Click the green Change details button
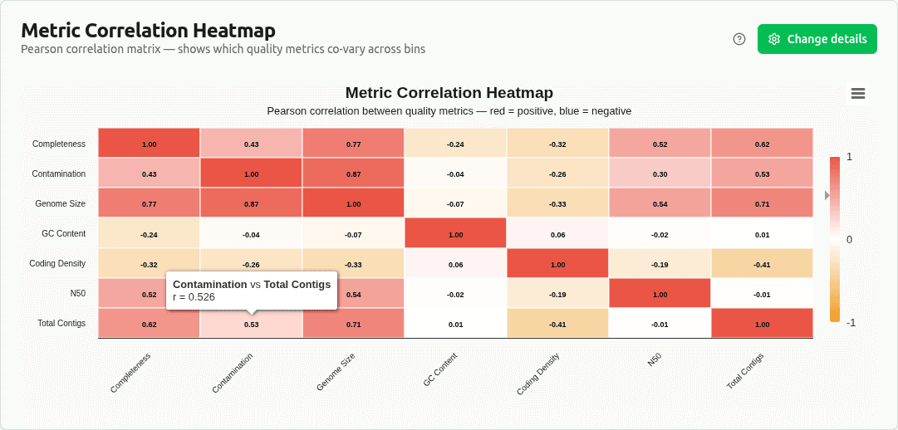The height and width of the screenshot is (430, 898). pos(817,39)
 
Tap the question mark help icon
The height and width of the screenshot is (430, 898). pos(739,39)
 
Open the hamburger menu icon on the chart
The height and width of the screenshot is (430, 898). pos(858,94)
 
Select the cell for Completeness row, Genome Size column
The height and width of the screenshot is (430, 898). pos(353,144)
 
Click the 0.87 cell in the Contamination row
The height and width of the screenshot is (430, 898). pos(353,173)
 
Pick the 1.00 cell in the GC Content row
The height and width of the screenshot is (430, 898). pos(455,234)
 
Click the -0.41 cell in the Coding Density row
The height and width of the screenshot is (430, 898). pos(762,264)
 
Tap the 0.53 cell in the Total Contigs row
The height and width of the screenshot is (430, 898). pos(251,324)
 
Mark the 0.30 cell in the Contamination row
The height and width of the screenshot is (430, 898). pos(660,173)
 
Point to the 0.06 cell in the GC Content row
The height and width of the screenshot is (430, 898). pos(557,234)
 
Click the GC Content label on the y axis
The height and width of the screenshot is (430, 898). pos(63,234)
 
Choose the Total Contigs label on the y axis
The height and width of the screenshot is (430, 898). pos(61,324)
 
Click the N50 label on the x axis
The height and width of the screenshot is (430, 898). pos(655,359)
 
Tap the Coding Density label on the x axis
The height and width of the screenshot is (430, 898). pos(538,374)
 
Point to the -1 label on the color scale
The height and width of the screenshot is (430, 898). pos(851,323)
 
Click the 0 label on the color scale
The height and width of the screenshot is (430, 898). pos(849,240)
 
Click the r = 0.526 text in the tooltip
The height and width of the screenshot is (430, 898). pos(194,297)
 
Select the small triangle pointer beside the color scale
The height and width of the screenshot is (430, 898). pos(827,195)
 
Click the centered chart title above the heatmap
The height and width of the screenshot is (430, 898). pos(449,93)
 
